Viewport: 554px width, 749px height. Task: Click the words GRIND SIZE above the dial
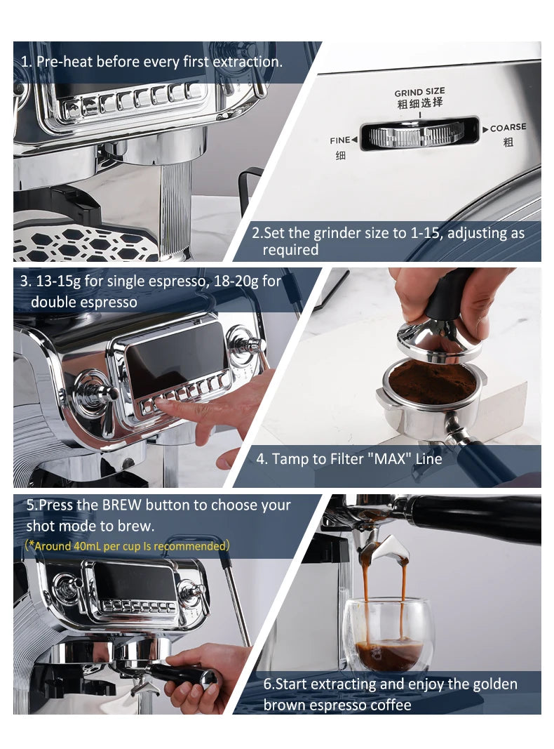click(419, 92)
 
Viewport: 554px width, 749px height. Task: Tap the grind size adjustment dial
click(419, 133)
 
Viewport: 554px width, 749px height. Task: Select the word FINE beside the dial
click(339, 140)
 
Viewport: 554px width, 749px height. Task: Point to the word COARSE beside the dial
click(508, 128)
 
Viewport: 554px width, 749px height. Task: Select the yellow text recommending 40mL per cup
click(127, 545)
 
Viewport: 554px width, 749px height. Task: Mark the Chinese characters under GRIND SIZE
click(419, 103)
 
